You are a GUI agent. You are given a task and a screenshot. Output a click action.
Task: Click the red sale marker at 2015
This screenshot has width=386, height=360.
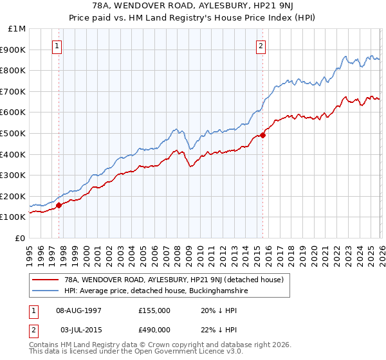(x=262, y=135)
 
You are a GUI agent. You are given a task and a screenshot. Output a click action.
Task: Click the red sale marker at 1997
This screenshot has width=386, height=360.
(x=59, y=206)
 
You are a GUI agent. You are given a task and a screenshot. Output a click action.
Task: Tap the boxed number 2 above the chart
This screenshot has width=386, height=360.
(x=261, y=46)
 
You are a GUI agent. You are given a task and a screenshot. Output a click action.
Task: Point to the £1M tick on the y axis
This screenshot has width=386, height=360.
(x=17, y=29)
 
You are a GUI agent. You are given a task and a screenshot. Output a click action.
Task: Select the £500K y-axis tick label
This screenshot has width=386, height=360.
(x=14, y=134)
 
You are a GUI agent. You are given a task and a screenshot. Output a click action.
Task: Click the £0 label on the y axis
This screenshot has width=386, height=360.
(x=19, y=238)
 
